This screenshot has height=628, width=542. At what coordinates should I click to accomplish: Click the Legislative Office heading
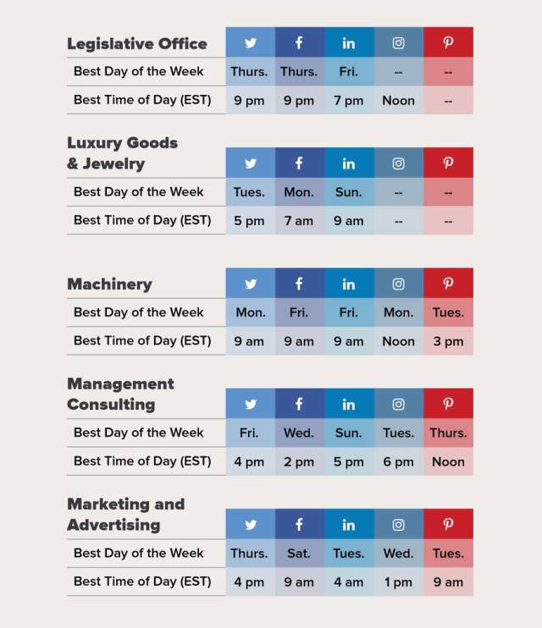(136, 43)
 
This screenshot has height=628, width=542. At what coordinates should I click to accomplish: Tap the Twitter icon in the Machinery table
(251, 284)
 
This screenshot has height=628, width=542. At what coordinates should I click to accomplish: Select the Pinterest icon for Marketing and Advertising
(448, 525)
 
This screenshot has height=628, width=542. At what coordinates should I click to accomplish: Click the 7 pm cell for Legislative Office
(348, 101)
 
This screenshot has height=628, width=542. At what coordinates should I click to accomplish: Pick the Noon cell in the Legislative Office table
(398, 101)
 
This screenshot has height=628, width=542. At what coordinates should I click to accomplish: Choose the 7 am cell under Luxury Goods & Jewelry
(299, 221)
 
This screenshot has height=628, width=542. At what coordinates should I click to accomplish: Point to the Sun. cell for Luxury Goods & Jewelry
(348, 192)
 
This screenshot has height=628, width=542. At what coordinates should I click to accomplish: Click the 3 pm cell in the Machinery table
(448, 341)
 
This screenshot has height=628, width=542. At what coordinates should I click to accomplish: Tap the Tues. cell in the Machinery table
(448, 312)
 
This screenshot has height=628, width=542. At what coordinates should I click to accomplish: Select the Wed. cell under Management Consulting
(299, 432)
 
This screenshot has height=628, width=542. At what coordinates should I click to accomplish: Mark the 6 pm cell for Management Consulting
(398, 462)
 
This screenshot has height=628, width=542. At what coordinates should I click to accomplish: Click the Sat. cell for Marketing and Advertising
(299, 554)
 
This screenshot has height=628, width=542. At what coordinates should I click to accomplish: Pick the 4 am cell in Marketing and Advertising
(348, 582)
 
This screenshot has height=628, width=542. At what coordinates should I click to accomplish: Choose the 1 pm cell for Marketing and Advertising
(398, 582)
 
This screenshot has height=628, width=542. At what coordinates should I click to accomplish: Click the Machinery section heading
(109, 284)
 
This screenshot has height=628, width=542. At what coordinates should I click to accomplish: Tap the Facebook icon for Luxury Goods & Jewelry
(299, 163)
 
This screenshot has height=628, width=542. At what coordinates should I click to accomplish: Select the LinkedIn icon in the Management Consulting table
(348, 404)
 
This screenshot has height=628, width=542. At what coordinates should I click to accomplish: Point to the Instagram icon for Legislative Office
(398, 43)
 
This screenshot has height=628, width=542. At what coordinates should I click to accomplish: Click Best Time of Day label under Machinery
(142, 341)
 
